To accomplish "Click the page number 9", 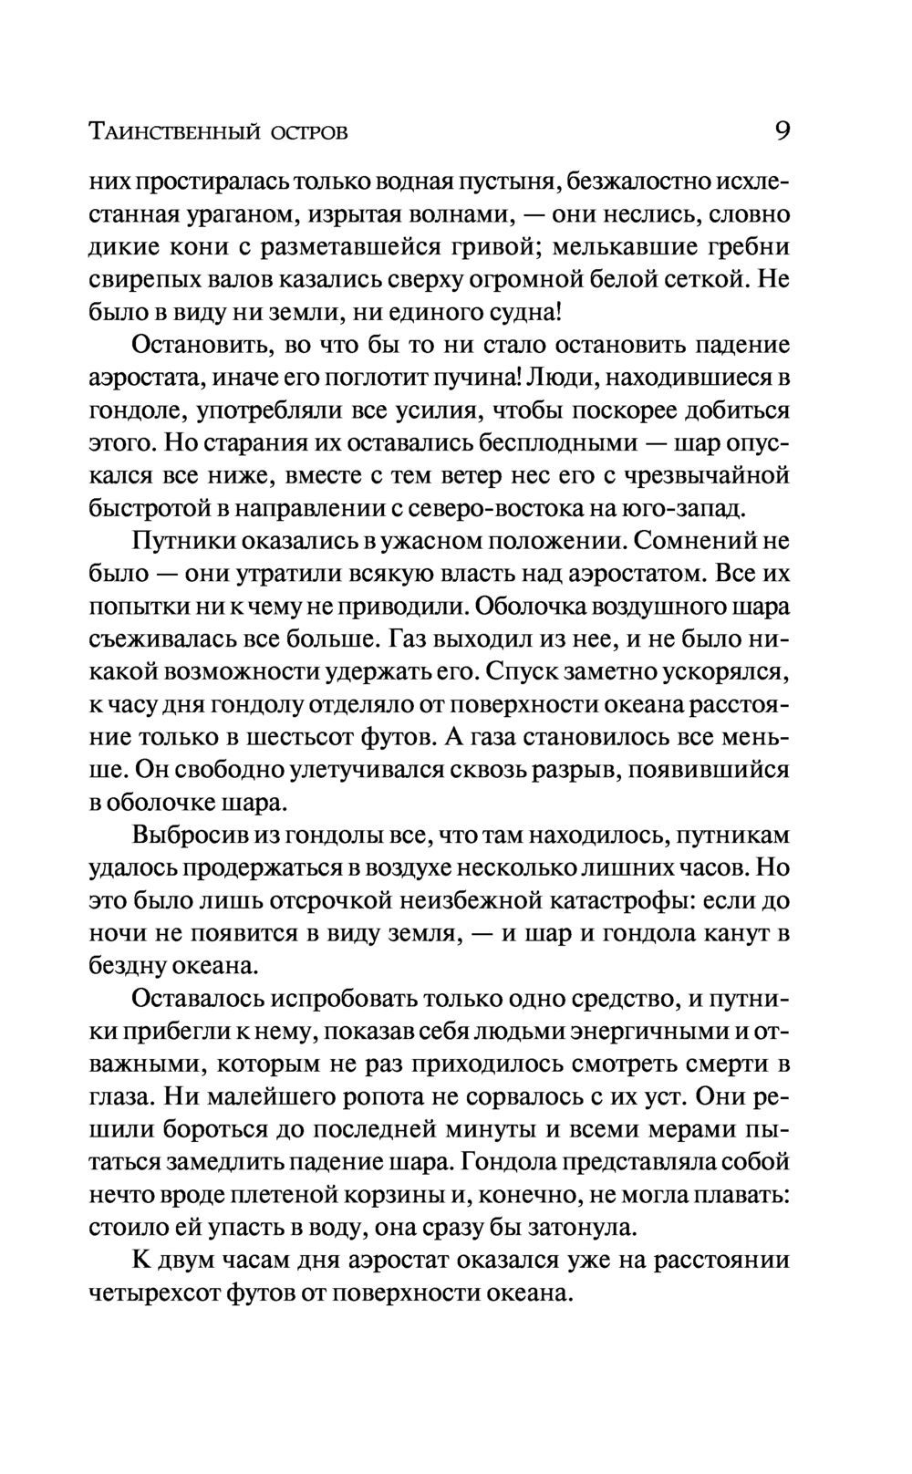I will pyautogui.click(x=782, y=131).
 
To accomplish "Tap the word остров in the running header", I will pyautogui.click(x=309, y=133).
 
